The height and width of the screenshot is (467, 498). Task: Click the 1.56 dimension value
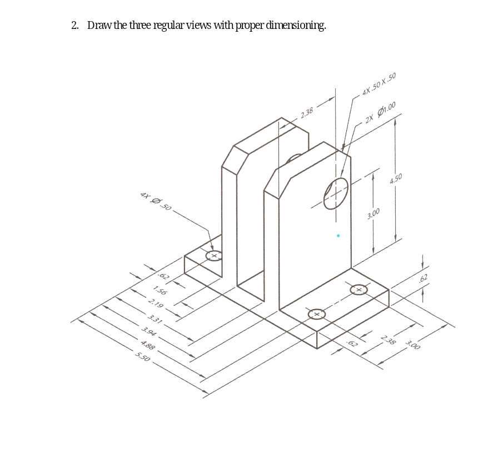coord(160,291)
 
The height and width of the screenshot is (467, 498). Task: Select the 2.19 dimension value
coord(156,305)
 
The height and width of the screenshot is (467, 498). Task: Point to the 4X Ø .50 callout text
coord(156,202)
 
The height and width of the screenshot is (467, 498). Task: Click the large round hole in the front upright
coord(336,193)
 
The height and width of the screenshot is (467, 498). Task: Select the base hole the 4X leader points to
coord(213,255)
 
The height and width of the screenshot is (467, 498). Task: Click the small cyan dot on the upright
coord(338,236)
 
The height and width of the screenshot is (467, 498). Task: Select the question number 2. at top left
coord(76,26)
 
